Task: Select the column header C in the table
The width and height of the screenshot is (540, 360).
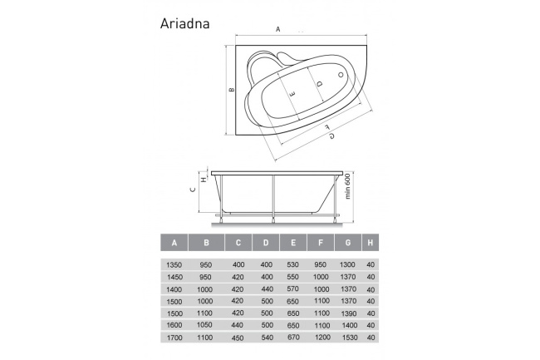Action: pyautogui.click(x=238, y=243)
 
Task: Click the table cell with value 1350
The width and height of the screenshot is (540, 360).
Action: pyautogui.click(x=174, y=264)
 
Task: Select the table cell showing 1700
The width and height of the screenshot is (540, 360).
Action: pyautogui.click(x=174, y=338)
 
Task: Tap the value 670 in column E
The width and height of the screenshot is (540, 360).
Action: pyautogui.click(x=292, y=338)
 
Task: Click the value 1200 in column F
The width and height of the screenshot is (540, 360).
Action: pyautogui.click(x=321, y=338)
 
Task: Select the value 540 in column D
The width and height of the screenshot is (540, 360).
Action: pyautogui.click(x=266, y=338)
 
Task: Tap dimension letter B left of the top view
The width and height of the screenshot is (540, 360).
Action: pyautogui.click(x=232, y=89)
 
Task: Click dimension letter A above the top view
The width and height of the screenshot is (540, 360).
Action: pyautogui.click(x=278, y=29)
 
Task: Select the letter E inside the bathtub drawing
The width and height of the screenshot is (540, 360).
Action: pyautogui.click(x=290, y=95)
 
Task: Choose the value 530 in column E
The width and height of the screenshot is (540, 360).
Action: pyautogui.click(x=292, y=264)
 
